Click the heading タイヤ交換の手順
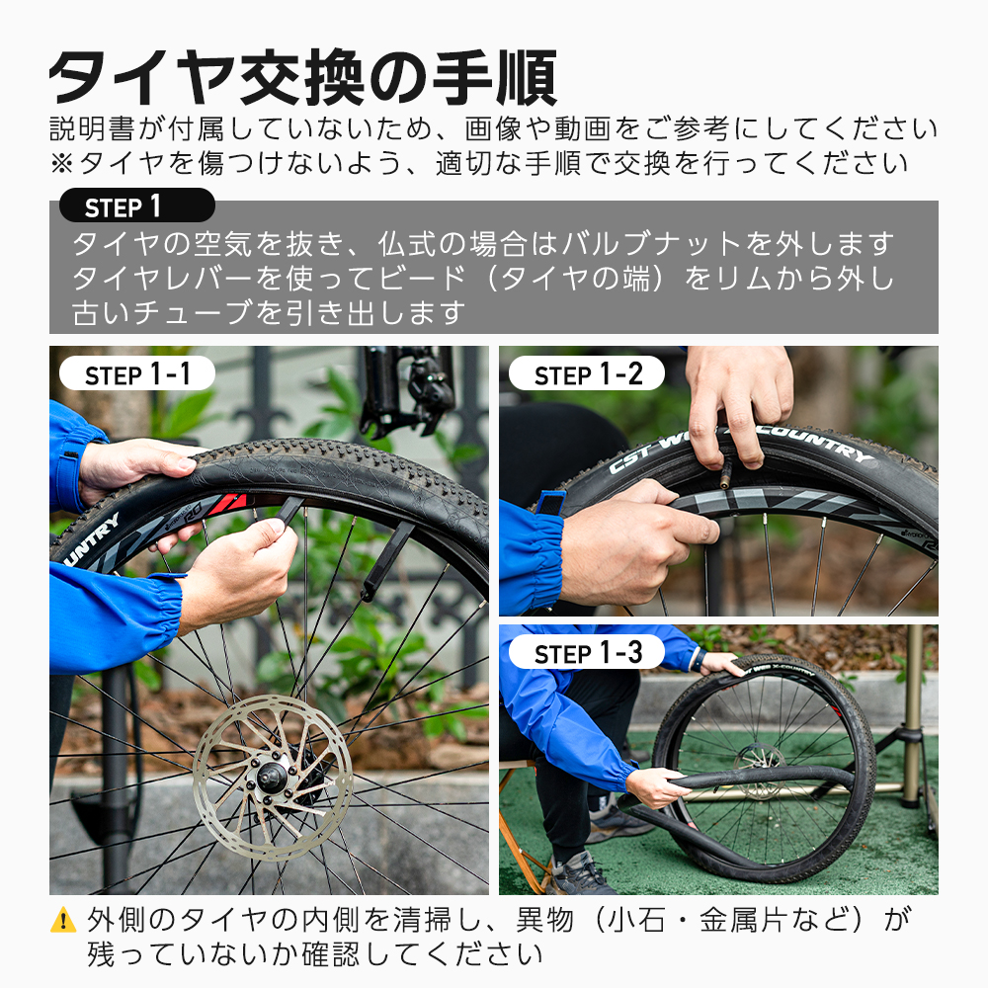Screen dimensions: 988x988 302,77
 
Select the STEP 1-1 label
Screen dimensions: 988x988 137,374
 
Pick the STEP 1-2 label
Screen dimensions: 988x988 587,374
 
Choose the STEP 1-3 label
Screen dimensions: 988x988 587,653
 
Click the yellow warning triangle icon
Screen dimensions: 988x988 62,921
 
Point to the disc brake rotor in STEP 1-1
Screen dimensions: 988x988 272,776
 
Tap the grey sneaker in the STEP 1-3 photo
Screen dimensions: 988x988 581,875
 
